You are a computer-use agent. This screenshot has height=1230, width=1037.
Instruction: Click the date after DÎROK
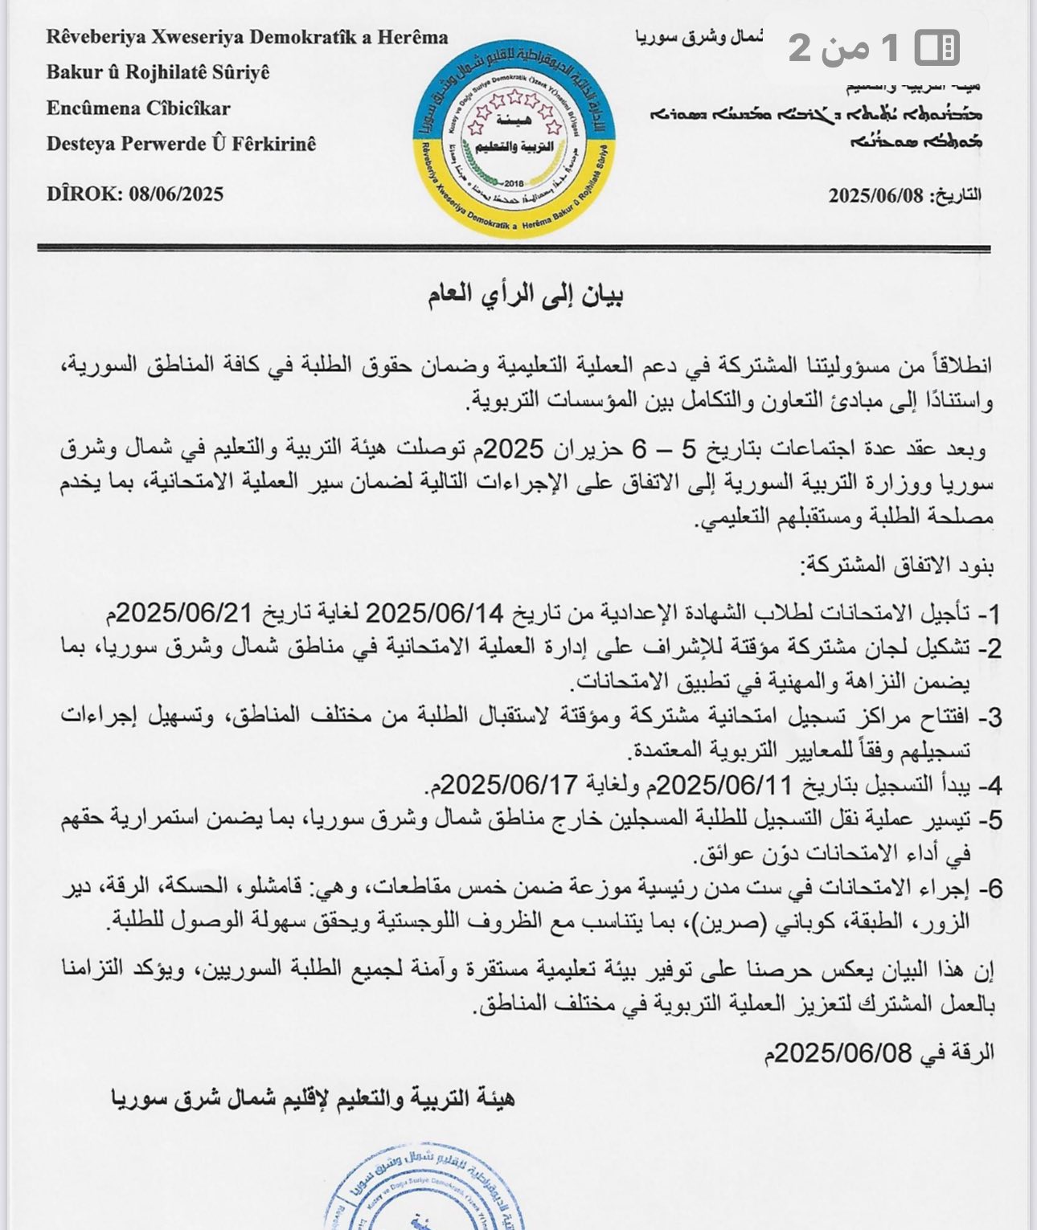(x=176, y=194)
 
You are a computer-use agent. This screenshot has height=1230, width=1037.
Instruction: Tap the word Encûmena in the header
(x=92, y=108)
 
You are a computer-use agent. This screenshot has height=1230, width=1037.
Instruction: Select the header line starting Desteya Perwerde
(x=181, y=144)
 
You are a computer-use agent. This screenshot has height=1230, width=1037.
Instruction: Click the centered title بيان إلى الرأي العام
(x=526, y=295)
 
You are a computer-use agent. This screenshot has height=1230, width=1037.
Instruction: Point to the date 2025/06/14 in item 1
(x=435, y=614)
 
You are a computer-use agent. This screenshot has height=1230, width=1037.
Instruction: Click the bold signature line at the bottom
(x=313, y=1098)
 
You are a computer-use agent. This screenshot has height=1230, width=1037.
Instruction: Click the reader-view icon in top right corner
(x=937, y=47)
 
